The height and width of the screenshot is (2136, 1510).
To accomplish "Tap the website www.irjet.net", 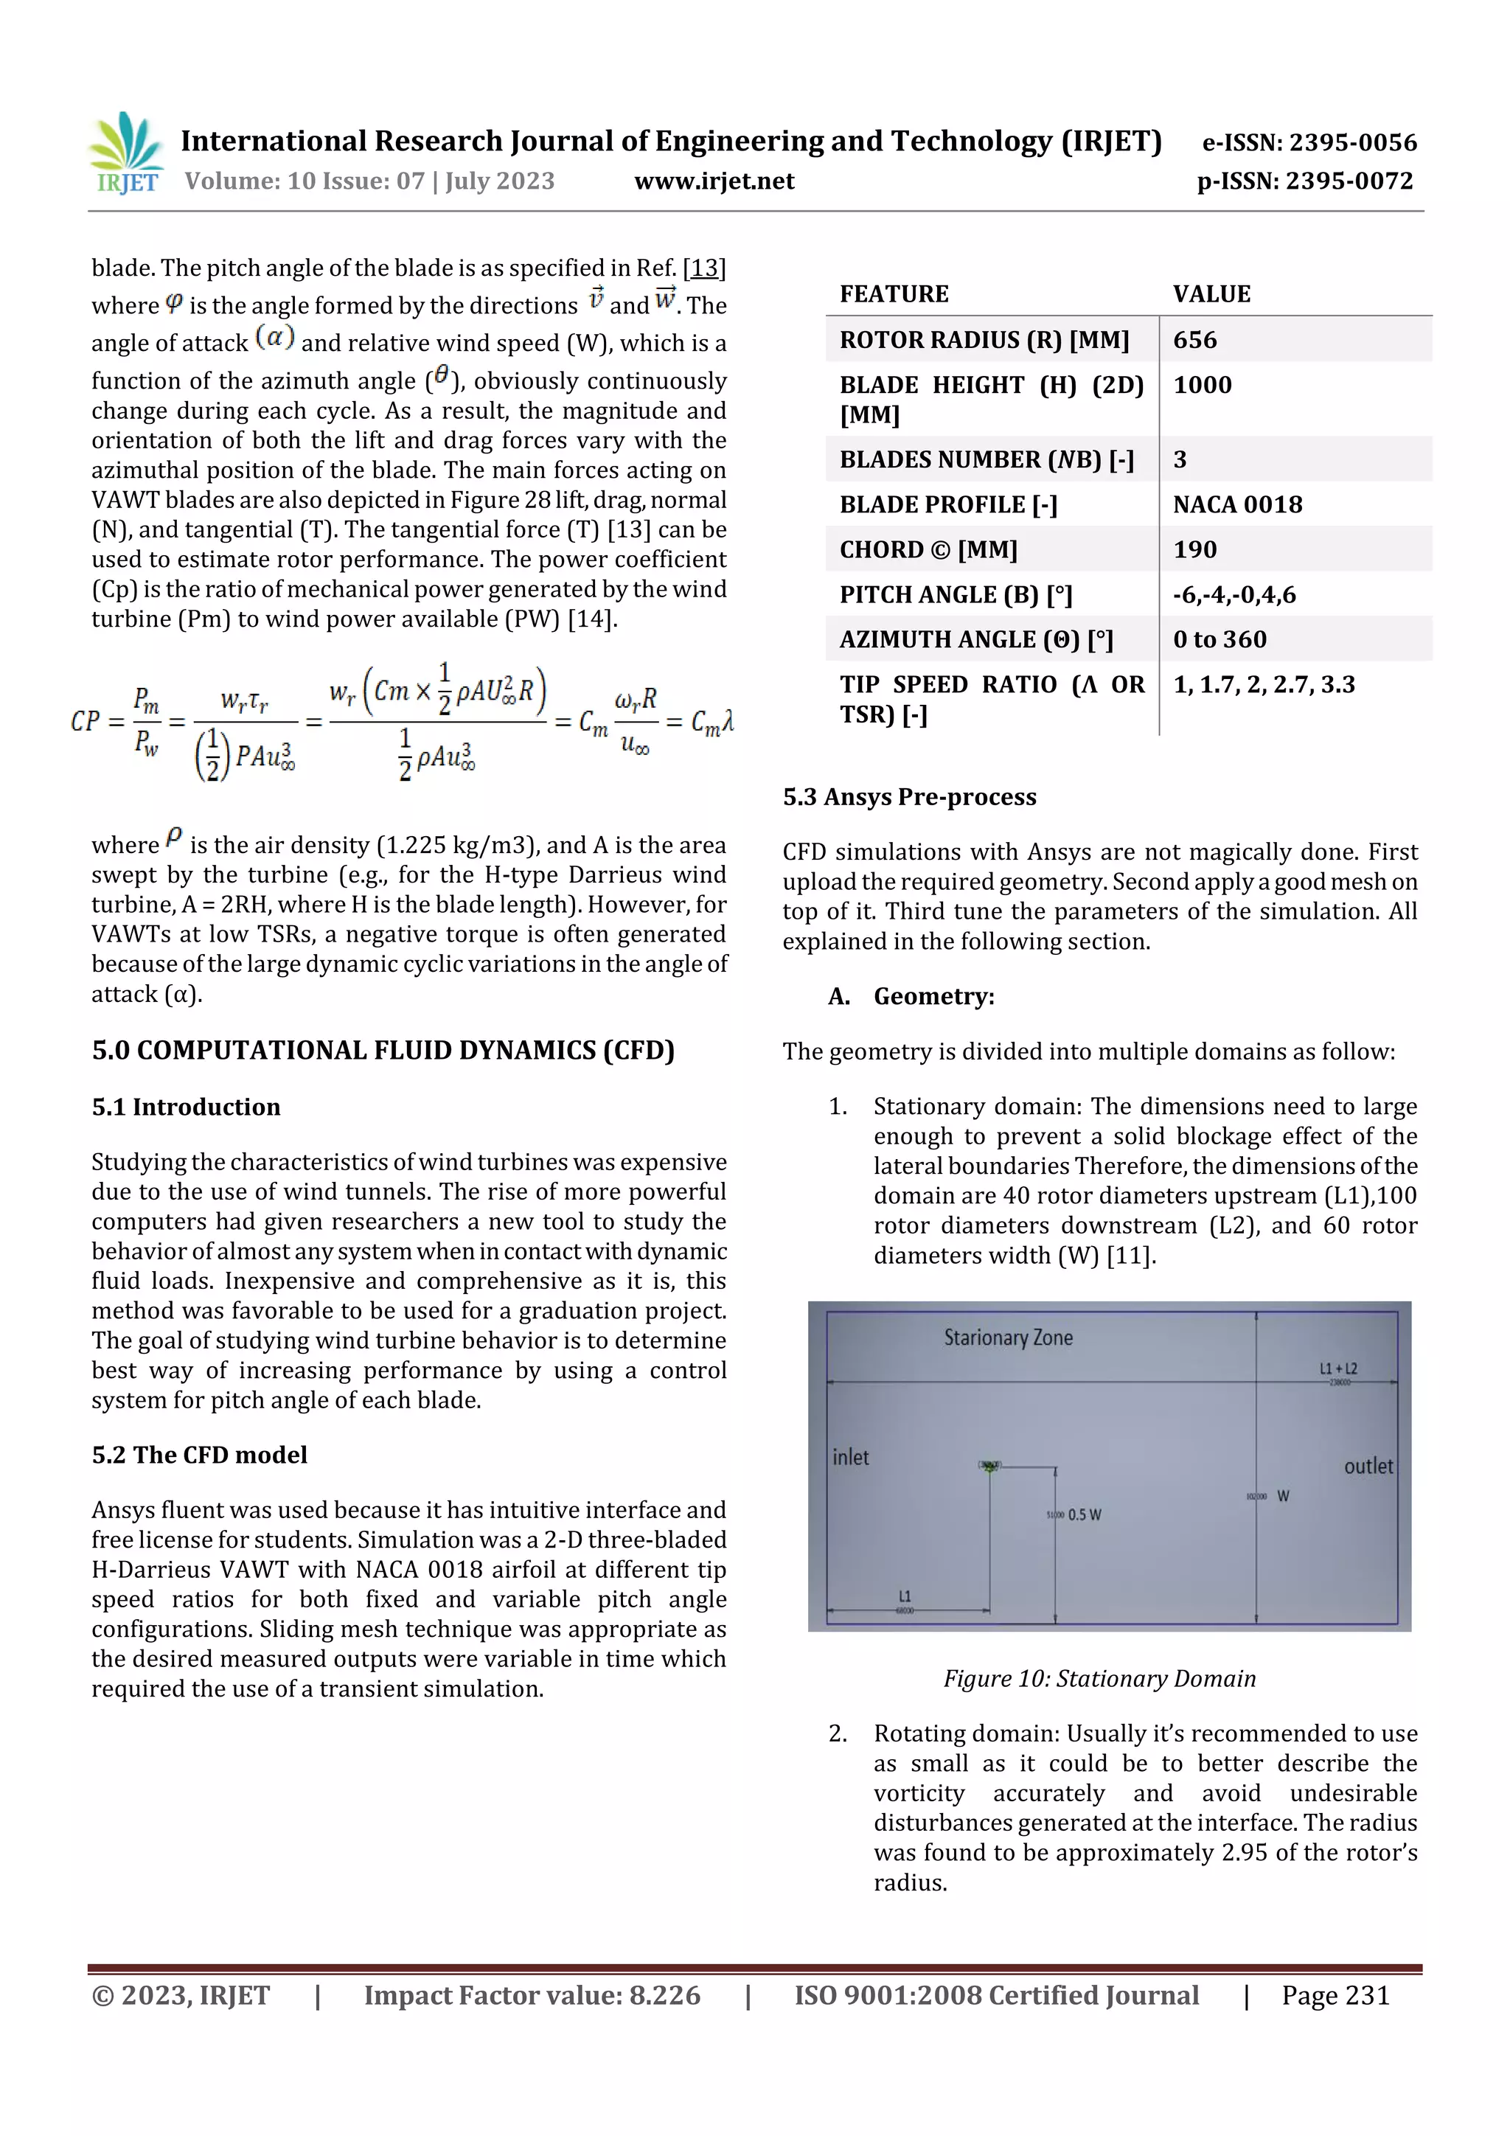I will tap(714, 181).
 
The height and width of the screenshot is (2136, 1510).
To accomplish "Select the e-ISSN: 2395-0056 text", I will tap(1309, 142).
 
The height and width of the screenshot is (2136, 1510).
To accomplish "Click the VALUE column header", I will tap(1211, 294).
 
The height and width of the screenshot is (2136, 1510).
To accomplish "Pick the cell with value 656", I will tap(1194, 340).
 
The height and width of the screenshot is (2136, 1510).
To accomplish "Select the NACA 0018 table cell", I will tap(1237, 504).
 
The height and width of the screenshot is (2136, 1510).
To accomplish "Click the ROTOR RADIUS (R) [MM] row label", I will tap(984, 340).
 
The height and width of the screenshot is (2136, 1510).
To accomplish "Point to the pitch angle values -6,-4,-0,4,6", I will tap(1234, 594).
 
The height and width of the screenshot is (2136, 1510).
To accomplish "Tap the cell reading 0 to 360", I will tap(1219, 639).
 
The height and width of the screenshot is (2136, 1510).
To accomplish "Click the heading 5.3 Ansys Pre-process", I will tap(909, 797).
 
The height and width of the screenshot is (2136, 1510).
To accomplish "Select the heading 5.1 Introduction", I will tap(186, 1107).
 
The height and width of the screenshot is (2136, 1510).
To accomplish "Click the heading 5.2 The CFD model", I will tap(199, 1455).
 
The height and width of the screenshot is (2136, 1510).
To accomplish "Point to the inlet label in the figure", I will tap(850, 1458).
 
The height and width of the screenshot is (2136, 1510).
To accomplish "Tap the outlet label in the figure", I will tap(1368, 1467).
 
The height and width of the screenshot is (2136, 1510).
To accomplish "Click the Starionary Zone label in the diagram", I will tap(1008, 1337).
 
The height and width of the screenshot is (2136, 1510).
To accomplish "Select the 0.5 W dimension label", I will tap(1084, 1515).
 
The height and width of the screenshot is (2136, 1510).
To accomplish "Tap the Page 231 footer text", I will tap(1335, 1995).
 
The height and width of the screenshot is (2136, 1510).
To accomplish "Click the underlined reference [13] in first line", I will tap(704, 269).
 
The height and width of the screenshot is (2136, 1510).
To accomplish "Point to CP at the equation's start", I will tap(86, 721).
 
